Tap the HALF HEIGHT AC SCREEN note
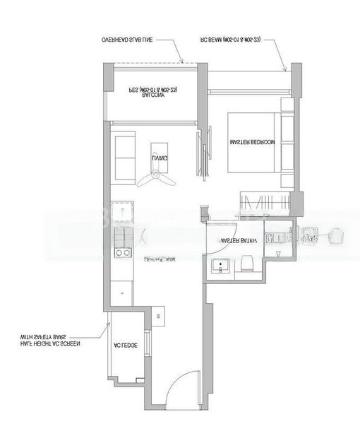coord(50,344)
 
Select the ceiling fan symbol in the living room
coord(157,179)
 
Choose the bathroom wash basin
coord(221,267)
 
